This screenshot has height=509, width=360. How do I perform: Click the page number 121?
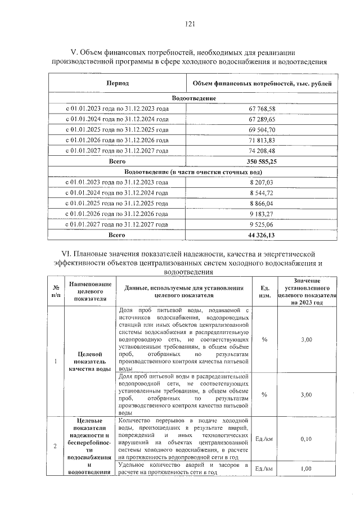click(x=189, y=24)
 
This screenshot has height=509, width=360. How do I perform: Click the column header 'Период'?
click(x=118, y=84)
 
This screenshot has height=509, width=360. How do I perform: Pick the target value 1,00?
click(x=306, y=469)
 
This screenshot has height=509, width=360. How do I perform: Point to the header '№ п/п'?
click(x=55, y=291)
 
